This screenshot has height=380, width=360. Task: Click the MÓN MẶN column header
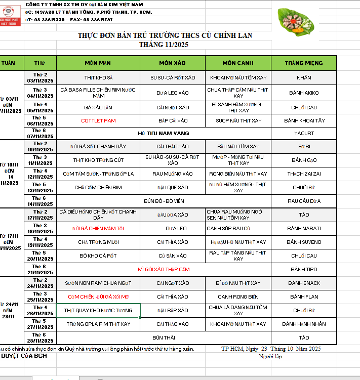[98, 63]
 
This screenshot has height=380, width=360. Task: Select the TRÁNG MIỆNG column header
[304, 63]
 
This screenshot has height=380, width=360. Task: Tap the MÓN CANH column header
[238, 63]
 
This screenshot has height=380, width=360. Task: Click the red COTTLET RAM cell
[98, 121]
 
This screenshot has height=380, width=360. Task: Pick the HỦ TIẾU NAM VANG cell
[164, 133]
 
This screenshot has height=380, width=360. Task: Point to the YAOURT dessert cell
[304, 134]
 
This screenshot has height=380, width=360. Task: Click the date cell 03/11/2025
[40, 80]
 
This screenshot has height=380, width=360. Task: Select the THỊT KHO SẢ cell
[98, 78]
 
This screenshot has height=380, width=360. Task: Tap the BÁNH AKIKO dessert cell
[304, 93]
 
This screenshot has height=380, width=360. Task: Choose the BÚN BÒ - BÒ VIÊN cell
[164, 201]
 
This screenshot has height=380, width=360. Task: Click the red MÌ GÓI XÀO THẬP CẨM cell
[164, 269]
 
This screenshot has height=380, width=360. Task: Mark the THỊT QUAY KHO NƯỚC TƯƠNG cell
[98, 310]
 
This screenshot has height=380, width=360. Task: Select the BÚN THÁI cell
[164, 337]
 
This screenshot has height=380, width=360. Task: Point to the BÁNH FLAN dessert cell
[304, 297]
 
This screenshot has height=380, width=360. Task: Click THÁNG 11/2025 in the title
[164, 45]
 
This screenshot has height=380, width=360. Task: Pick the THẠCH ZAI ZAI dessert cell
[304, 174]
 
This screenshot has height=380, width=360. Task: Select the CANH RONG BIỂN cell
[238, 297]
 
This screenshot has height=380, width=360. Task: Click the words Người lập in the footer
[270, 356]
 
